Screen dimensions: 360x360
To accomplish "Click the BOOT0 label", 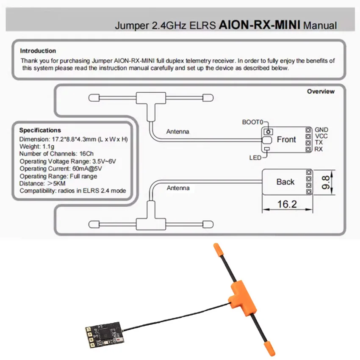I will click(x=253, y=122).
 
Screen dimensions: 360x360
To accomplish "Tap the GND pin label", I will click(x=321, y=130).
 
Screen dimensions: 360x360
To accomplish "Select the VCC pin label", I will click(x=321, y=136).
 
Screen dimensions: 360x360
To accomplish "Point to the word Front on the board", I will click(x=286, y=139).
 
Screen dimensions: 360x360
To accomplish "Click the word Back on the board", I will click(x=285, y=182).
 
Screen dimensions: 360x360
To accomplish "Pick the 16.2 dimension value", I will click(x=287, y=205).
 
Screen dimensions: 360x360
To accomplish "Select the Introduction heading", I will click(x=38, y=51).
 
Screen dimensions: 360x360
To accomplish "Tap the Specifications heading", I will click(x=40, y=130).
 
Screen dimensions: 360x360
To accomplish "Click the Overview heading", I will click(x=321, y=91).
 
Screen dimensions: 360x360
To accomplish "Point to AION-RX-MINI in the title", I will click(x=259, y=25).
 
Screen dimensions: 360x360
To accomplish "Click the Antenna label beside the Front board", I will click(x=178, y=132).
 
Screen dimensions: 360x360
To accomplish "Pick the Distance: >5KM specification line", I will click(x=43, y=183).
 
